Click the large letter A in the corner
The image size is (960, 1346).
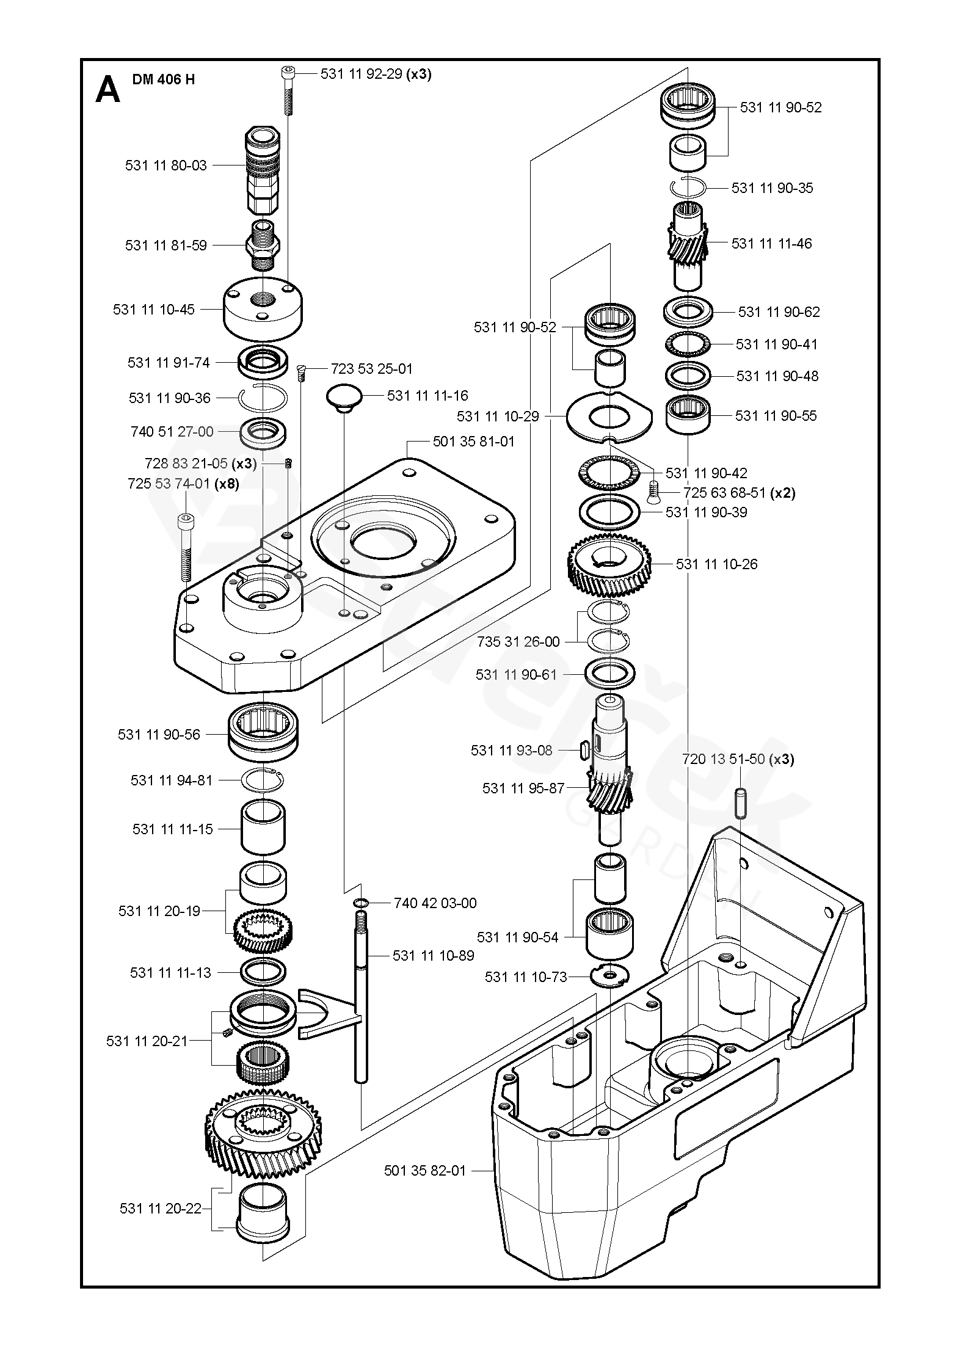point(108,90)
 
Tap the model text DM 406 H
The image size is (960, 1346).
point(164,79)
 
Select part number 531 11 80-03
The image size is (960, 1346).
point(165,166)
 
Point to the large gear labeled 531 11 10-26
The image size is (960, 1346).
point(609,564)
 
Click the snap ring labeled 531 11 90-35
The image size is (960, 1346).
point(688,188)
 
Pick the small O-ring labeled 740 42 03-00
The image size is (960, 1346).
point(360,903)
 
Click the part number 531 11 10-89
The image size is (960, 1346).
point(433,955)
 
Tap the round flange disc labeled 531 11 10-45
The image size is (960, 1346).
point(264,309)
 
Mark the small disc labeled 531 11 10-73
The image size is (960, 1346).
point(609,975)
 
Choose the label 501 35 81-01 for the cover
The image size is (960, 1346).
point(473,441)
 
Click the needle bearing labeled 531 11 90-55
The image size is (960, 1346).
point(688,415)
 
